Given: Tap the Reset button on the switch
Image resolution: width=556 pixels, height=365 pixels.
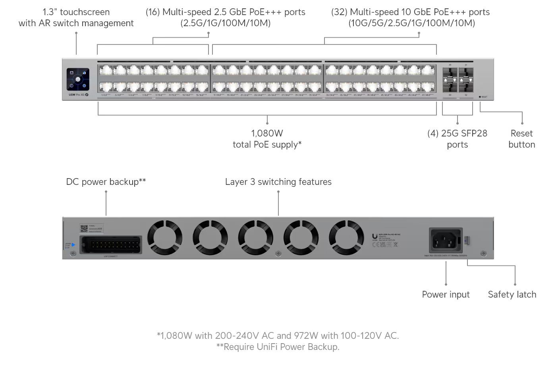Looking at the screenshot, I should [x=480, y=97].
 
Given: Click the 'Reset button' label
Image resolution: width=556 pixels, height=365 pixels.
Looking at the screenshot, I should [x=521, y=139].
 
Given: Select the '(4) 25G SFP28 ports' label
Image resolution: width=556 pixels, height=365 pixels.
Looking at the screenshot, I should [x=457, y=139].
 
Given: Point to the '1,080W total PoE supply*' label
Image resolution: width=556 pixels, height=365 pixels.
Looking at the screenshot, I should [x=267, y=139].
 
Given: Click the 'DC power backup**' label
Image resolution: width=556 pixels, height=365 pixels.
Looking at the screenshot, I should [x=106, y=182].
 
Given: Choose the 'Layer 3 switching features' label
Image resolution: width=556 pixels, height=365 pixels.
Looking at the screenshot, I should [x=278, y=182].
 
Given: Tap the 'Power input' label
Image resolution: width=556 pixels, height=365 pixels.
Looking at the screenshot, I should [x=446, y=294].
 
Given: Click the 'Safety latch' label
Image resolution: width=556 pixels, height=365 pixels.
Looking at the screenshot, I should [x=512, y=294].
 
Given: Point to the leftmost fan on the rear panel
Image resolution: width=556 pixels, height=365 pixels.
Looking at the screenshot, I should [x=165, y=238].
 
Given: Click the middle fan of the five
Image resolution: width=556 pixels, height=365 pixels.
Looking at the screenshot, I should [x=255, y=238].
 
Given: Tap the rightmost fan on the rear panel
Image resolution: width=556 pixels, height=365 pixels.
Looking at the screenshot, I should [x=346, y=238].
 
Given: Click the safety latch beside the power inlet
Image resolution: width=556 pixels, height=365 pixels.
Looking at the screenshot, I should [x=467, y=240].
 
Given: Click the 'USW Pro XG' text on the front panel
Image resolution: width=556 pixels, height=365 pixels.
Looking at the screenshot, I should [x=76, y=95].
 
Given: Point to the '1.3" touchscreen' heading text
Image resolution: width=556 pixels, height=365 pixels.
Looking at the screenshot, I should [x=76, y=12].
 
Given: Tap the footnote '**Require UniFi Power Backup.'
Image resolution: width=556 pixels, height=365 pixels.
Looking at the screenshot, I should [x=278, y=347].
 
